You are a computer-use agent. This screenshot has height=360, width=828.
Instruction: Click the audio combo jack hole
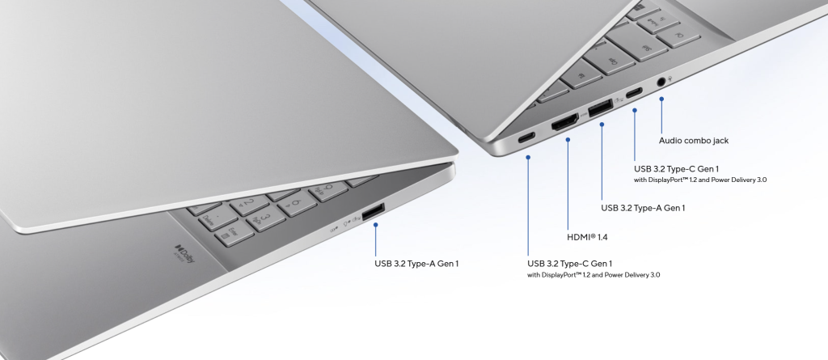pos(661,82)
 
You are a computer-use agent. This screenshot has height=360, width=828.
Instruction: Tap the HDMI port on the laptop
pos(565,122)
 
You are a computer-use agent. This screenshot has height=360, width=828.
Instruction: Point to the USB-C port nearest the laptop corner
pos(526,138)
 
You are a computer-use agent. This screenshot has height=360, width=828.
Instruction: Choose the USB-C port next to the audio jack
pos(634,94)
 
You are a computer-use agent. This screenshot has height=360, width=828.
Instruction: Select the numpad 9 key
pos(328,190)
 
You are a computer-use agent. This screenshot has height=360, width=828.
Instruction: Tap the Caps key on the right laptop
pos(610,57)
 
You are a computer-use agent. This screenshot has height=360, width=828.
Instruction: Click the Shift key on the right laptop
pos(640,42)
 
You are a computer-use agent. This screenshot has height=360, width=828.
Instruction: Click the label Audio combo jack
pos(693,141)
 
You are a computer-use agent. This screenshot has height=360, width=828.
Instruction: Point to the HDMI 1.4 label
pos(587,237)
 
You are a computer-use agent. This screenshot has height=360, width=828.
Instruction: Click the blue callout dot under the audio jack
pos(661,99)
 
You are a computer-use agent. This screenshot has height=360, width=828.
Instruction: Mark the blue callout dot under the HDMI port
pos(568,140)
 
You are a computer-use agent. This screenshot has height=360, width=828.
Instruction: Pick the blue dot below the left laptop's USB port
pos(375,225)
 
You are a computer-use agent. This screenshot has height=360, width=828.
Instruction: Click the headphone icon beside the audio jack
pos(670,78)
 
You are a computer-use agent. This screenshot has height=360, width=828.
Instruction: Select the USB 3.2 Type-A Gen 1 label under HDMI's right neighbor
pos(643,208)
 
